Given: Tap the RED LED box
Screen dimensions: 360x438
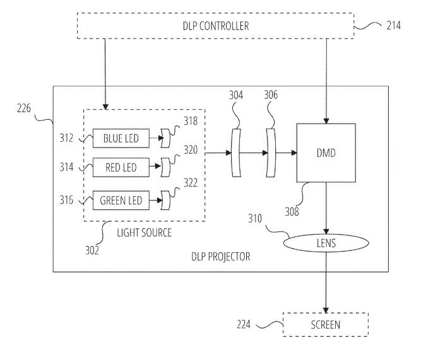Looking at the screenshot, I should coord(120,168).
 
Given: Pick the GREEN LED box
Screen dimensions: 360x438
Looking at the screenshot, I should coord(120,201).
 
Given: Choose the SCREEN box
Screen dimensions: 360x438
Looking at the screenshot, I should coord(326,325).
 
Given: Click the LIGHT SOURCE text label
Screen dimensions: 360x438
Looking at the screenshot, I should coord(145,233).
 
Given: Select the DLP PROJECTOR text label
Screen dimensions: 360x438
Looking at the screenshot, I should coord(220,256).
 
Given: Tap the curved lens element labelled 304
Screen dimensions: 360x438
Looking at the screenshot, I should coord(237,152).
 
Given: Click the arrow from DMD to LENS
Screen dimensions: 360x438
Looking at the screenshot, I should coord(326,209).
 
